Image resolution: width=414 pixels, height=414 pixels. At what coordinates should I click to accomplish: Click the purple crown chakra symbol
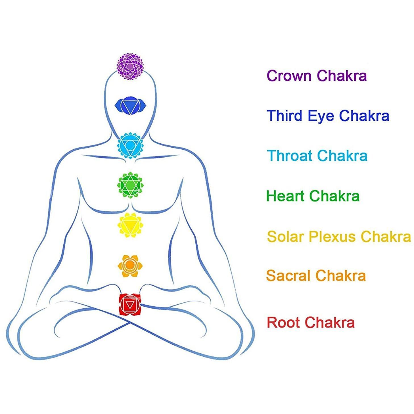pos(130,66)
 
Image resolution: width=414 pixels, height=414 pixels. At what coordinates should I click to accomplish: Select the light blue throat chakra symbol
pos(130,145)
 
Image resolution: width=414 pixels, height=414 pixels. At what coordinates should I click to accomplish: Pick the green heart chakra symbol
pos(130,185)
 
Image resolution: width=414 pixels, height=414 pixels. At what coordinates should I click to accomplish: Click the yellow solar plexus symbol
pos(130,225)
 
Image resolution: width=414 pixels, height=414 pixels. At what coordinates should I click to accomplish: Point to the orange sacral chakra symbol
pos(130,266)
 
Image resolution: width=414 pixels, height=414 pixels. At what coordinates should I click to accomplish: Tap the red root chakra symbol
pos(130,305)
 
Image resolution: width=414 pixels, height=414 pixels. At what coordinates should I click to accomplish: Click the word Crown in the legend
pos(290,76)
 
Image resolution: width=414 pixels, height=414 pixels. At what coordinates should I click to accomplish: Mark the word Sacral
pos(288,276)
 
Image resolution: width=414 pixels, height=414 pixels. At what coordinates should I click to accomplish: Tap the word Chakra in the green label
pos(334,196)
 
